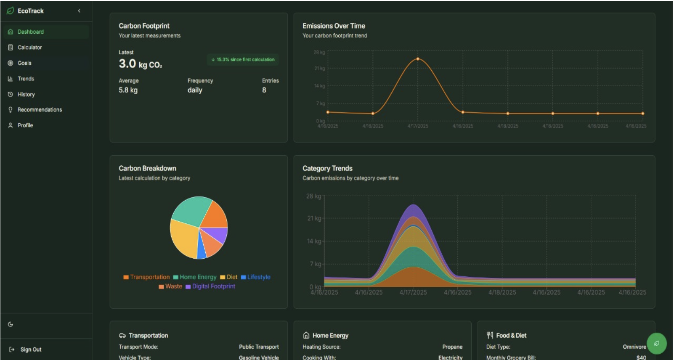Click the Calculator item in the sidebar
pos(29,48)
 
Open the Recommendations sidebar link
pos(40,110)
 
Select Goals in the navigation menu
pos(24,63)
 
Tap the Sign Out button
pos(31,349)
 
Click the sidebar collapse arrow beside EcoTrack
pos(79,11)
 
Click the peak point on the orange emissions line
pos(418,59)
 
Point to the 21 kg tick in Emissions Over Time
pos(320,68)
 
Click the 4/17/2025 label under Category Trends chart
pos(413,292)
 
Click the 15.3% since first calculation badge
pos(243,60)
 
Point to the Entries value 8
pos(264,90)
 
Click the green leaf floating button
pos(656,343)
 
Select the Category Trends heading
pos(327,168)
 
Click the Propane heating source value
pos(452,347)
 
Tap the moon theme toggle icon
pos(11,324)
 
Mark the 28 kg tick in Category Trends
pos(313,196)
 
